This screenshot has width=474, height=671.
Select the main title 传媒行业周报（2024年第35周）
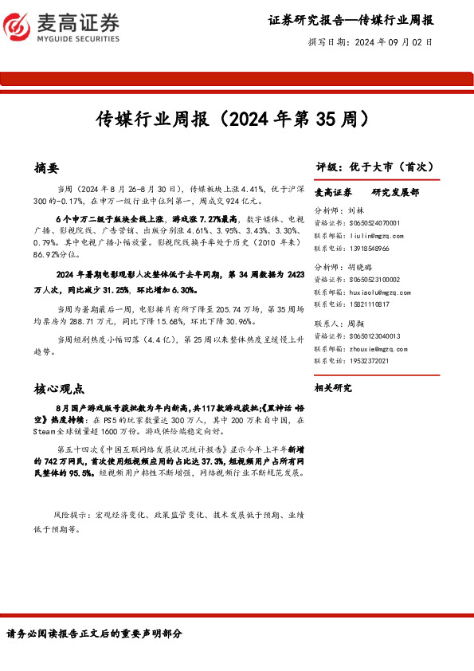point(236,120)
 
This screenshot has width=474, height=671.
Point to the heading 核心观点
point(59,390)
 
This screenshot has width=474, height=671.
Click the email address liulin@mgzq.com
point(375,236)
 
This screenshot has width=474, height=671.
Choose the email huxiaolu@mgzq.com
point(378,292)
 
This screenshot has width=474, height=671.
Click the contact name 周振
point(355,324)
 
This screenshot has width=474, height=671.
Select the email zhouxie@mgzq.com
point(376,348)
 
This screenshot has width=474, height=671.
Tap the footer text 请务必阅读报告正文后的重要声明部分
point(95,634)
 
